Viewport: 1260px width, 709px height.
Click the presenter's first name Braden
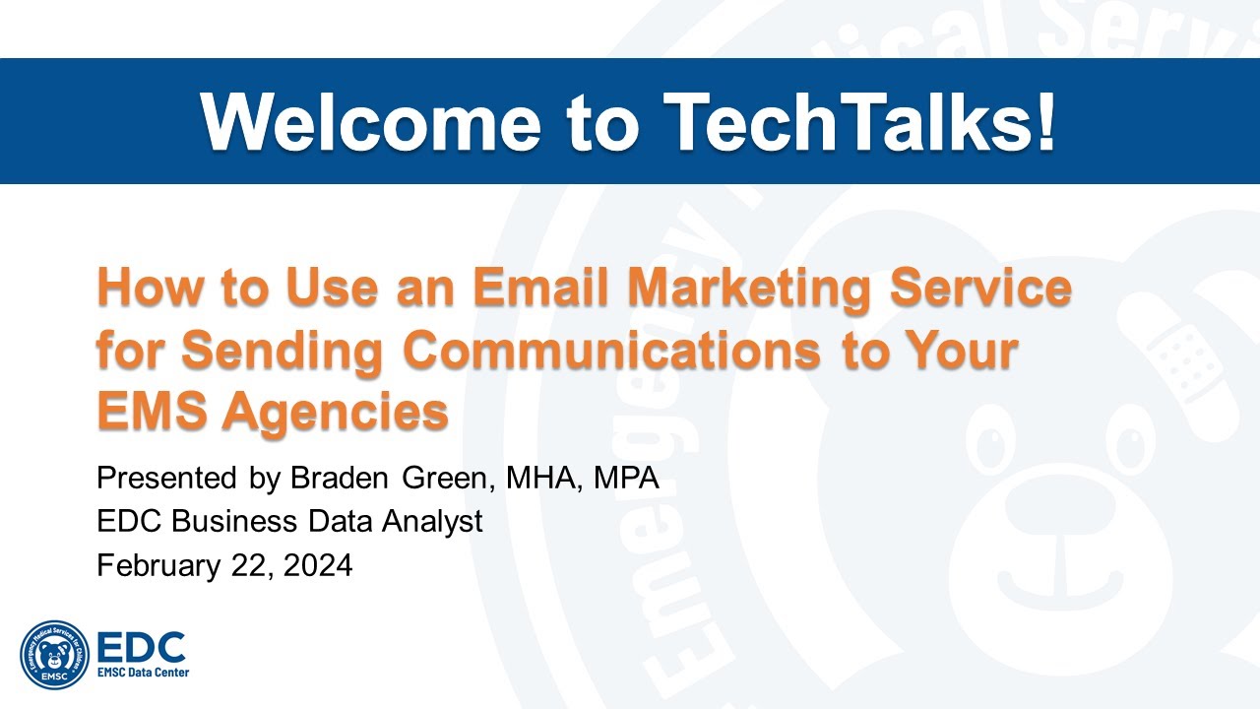tap(335, 480)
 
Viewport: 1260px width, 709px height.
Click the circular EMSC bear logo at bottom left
tap(55, 655)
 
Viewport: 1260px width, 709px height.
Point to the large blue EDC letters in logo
tap(142, 647)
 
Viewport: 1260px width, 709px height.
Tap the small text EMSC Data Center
tap(143, 673)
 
